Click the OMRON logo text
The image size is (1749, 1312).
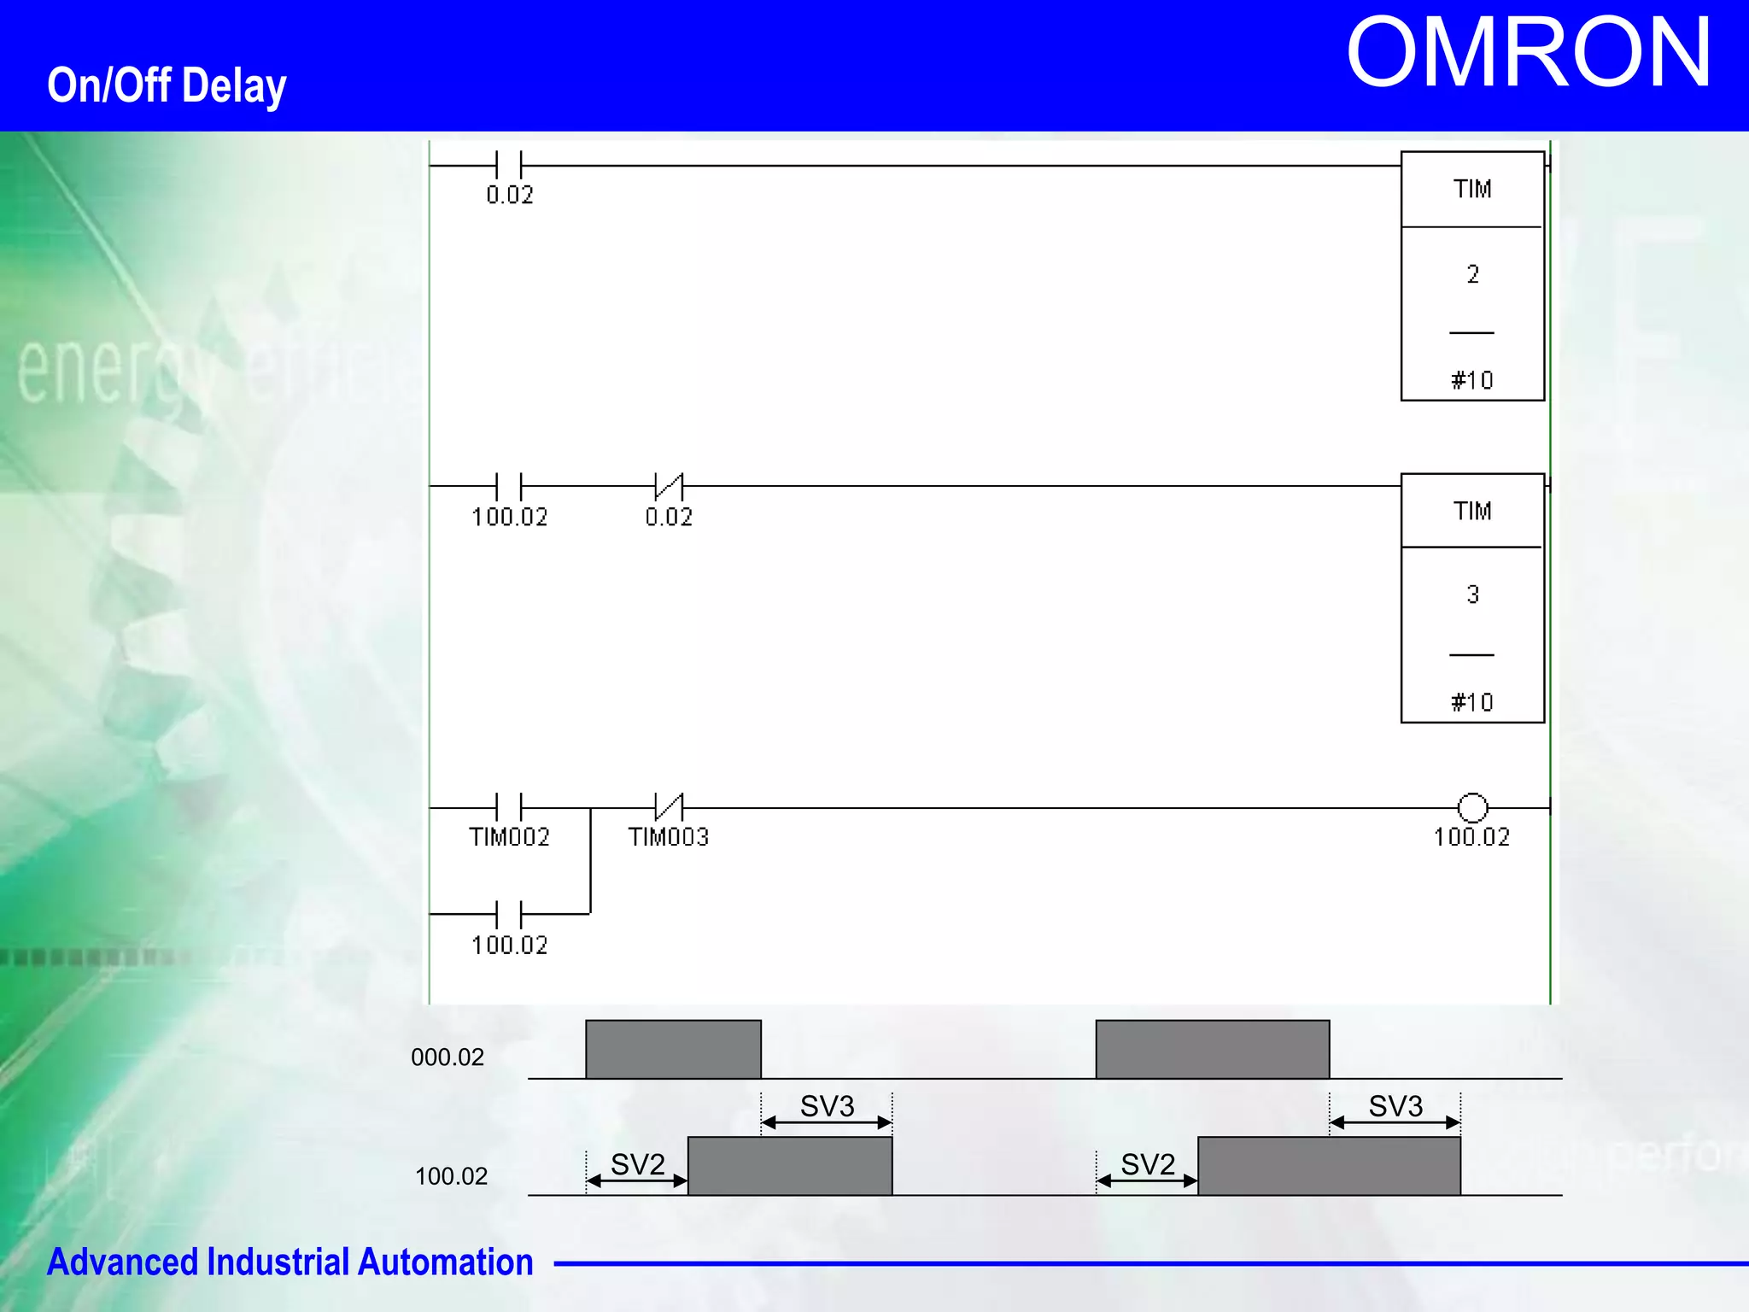tap(1528, 54)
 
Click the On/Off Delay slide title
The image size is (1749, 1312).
tap(167, 85)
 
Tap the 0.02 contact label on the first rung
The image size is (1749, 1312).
tap(510, 196)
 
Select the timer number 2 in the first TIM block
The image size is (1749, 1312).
tap(1472, 274)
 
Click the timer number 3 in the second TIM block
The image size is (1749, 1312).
tap(1472, 594)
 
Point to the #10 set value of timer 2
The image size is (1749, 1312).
tap(1472, 380)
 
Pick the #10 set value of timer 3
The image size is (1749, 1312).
tap(1472, 702)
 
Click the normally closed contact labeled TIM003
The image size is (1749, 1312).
tap(669, 806)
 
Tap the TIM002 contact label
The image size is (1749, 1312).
tap(509, 837)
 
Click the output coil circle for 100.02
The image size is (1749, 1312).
tap(1472, 807)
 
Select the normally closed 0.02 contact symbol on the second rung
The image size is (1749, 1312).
tap(669, 487)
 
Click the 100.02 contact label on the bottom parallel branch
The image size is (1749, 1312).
tap(509, 945)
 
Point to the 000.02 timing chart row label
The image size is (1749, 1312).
tap(447, 1057)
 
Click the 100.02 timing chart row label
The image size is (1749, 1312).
tap(451, 1176)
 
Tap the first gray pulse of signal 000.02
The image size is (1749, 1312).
tap(673, 1049)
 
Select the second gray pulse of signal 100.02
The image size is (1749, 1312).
tap(1329, 1166)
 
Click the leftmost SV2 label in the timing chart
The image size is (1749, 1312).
tap(637, 1164)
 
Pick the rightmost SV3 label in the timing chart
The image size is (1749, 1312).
tap(1395, 1106)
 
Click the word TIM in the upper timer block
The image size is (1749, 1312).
tap(1472, 189)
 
